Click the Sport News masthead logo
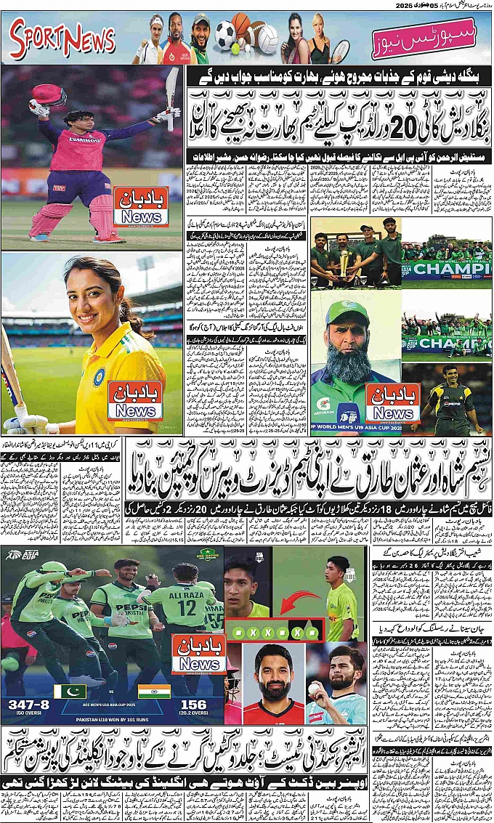pos(62,39)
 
